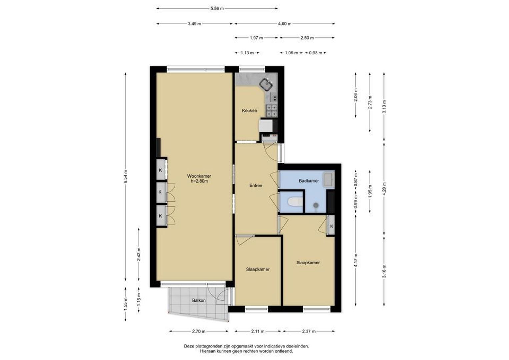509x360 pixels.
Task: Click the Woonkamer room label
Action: pyautogui.click(x=199, y=176)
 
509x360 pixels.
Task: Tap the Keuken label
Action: pyautogui.click(x=249, y=111)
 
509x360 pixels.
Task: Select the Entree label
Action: pyautogui.click(x=256, y=185)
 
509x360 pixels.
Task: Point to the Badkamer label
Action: pyautogui.click(x=309, y=181)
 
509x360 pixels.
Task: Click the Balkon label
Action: pyautogui.click(x=199, y=300)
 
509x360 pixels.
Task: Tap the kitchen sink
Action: pyautogui.click(x=266, y=84)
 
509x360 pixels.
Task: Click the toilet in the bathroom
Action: pyautogui.click(x=295, y=201)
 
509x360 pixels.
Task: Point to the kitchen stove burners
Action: pyautogui.click(x=272, y=111)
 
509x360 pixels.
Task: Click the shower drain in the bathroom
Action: pyautogui.click(x=316, y=205)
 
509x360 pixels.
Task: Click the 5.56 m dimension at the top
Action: pyautogui.click(x=217, y=9)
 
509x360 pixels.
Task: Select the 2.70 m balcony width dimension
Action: pyautogui.click(x=199, y=331)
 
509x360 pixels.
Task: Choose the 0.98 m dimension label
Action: pyautogui.click(x=316, y=53)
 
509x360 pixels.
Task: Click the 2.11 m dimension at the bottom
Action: pyautogui.click(x=258, y=331)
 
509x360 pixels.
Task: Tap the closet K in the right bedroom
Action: pyautogui.click(x=332, y=226)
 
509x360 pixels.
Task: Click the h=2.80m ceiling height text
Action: pyautogui.click(x=199, y=181)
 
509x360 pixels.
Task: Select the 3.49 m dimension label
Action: pyautogui.click(x=195, y=24)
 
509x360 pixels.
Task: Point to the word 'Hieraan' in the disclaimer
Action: pyautogui.click(x=207, y=351)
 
